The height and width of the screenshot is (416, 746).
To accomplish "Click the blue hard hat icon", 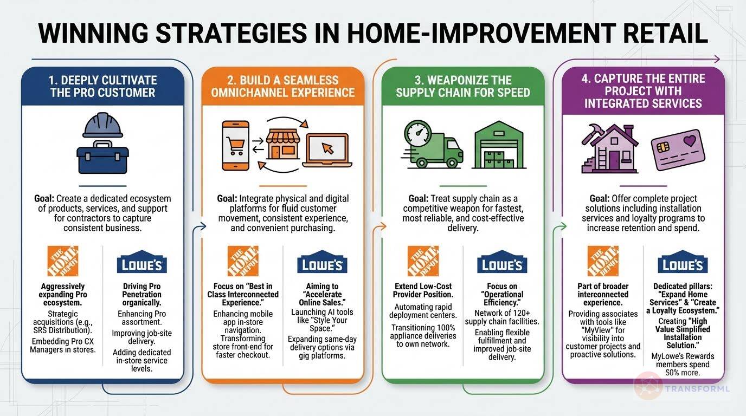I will coord(103,126).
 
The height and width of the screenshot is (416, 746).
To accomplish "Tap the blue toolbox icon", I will coord(102,156).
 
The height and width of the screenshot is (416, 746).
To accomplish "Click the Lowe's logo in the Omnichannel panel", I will coord(322,265).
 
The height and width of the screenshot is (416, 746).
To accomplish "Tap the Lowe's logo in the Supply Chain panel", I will coord(502,265).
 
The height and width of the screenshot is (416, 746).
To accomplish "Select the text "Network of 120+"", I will coord(501,313).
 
